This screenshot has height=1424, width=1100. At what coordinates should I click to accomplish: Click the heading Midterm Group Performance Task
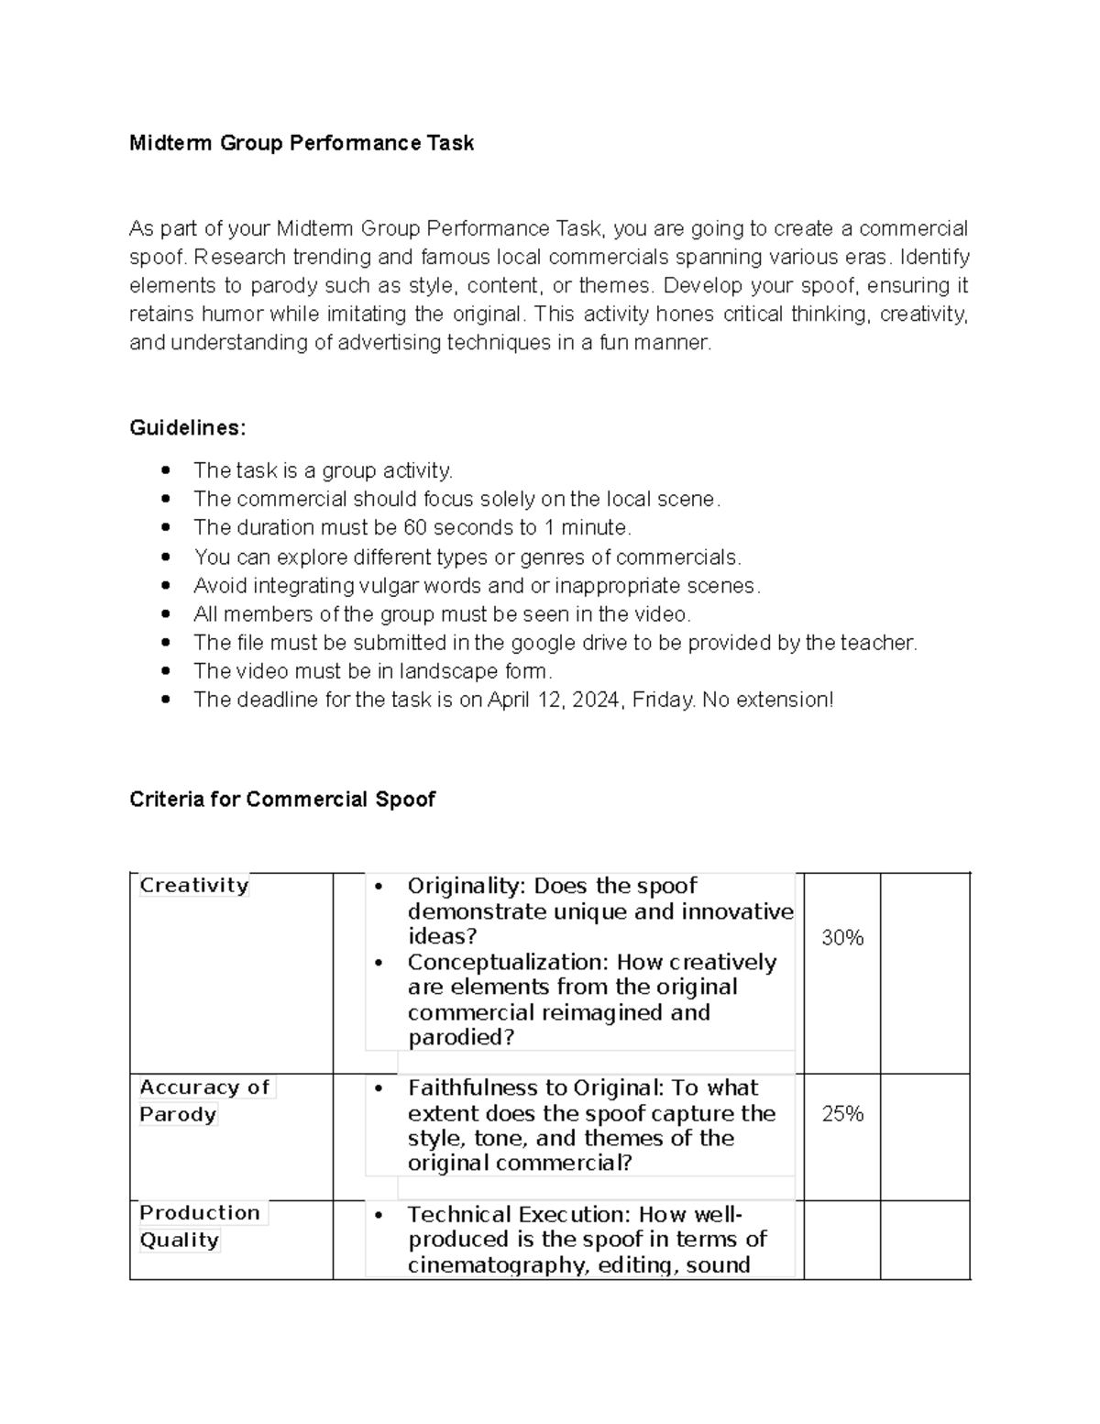[302, 143]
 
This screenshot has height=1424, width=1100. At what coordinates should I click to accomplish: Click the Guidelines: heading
[188, 428]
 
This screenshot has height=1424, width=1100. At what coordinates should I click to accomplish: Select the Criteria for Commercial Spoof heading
[282, 800]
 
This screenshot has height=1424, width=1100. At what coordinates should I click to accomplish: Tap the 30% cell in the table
[842, 938]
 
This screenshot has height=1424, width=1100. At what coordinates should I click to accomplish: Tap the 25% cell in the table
[842, 1114]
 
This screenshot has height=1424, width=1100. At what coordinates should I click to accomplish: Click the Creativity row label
[193, 886]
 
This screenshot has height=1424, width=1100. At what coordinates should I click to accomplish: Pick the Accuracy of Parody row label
[203, 1100]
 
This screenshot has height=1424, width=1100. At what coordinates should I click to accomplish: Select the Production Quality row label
[199, 1226]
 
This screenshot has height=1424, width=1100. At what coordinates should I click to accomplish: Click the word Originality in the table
[465, 887]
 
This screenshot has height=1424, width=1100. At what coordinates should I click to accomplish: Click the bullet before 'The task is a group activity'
[165, 471]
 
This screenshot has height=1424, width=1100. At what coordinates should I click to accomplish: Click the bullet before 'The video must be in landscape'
[165, 672]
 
